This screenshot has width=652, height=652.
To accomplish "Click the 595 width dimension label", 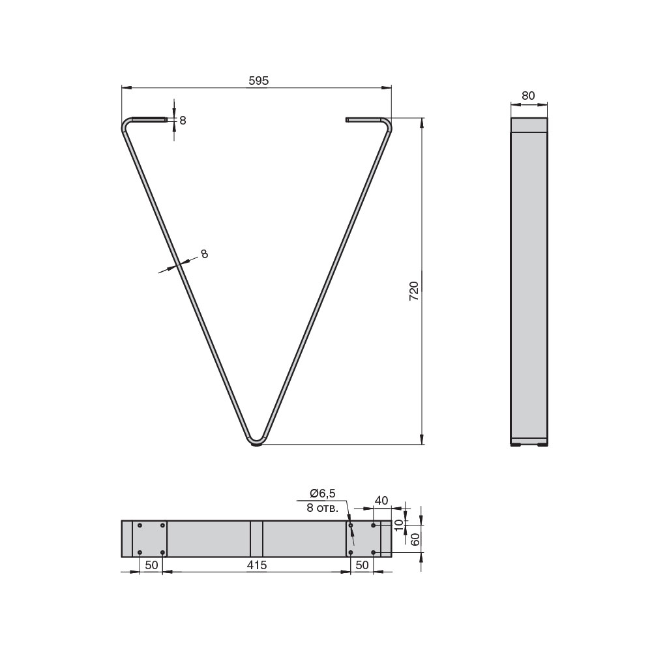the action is pyautogui.click(x=259, y=81).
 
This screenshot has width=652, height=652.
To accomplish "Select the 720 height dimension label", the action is pyautogui.click(x=414, y=291).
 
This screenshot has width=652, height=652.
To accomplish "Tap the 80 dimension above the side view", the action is pyautogui.click(x=528, y=96).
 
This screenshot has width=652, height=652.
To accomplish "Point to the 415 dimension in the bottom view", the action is pyautogui.click(x=256, y=565).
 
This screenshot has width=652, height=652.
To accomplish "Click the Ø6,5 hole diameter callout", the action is pyautogui.click(x=323, y=493).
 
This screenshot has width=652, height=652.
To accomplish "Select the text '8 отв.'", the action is pyautogui.click(x=322, y=508).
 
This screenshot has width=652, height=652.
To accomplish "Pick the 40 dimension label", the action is pyautogui.click(x=381, y=500).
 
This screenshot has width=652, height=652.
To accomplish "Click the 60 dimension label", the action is pyautogui.click(x=415, y=539).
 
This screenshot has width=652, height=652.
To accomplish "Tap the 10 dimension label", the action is pyautogui.click(x=398, y=525).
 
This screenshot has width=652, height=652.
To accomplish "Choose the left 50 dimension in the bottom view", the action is pyautogui.click(x=151, y=565).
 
